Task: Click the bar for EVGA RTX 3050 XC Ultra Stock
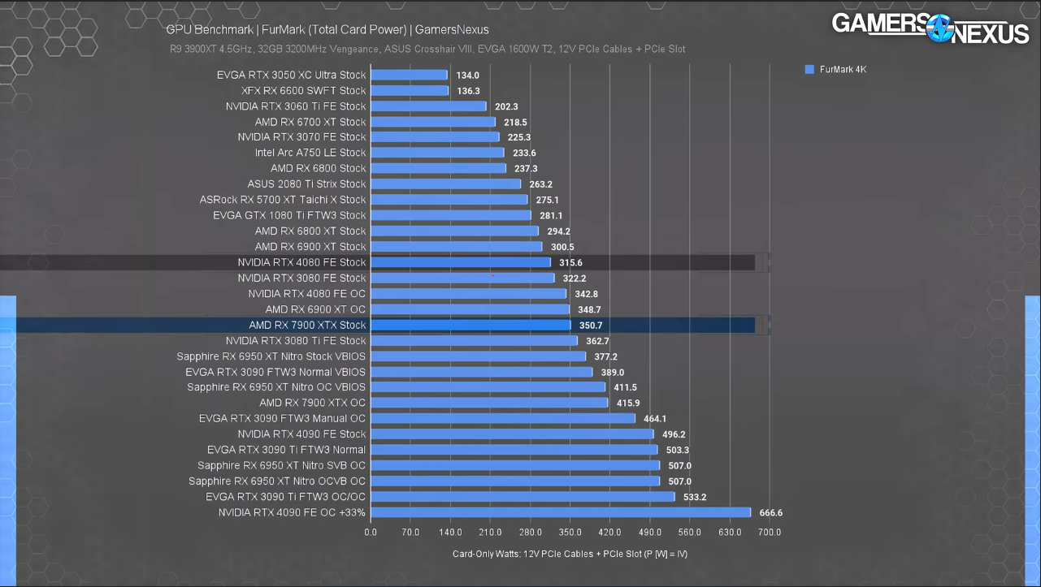(x=409, y=75)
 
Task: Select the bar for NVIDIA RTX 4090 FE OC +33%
(x=561, y=512)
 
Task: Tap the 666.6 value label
(x=770, y=513)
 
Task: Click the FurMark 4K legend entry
(x=836, y=70)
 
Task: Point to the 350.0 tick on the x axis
(x=570, y=533)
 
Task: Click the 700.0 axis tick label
(x=770, y=533)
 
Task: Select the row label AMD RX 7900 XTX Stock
(x=307, y=325)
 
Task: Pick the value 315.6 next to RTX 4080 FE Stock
(x=570, y=262)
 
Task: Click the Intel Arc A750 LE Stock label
(x=310, y=153)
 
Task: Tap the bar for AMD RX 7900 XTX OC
(x=489, y=403)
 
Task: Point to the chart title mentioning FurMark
(x=327, y=30)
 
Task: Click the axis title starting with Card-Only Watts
(x=570, y=554)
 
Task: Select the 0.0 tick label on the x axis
(x=371, y=533)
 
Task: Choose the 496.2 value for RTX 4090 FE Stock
(x=672, y=434)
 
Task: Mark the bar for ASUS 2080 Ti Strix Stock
(x=445, y=183)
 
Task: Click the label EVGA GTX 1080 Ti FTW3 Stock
(x=289, y=215)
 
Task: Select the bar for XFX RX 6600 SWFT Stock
(x=410, y=90)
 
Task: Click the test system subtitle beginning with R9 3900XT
(x=427, y=50)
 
